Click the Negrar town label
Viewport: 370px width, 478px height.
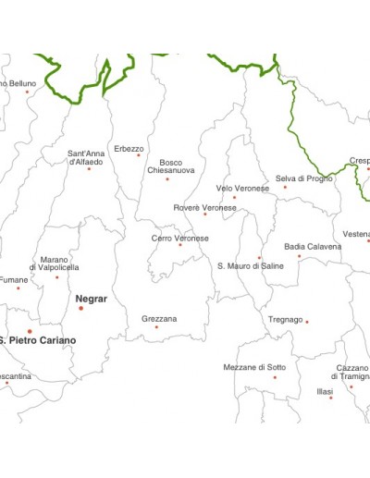point(91,299)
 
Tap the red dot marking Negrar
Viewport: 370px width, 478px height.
point(80,308)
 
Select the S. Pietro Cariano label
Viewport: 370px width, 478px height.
point(39,340)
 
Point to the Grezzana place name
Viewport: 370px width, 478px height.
point(159,318)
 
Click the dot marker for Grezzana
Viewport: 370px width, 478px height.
point(156,326)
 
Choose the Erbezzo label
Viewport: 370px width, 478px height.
point(129,148)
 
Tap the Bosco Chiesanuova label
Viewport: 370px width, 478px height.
point(166,166)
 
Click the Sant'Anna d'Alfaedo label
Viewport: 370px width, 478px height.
point(86,157)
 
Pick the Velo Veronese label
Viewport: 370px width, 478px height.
point(242,188)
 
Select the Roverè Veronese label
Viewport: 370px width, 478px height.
point(204,207)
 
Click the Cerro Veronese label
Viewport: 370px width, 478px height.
point(180,238)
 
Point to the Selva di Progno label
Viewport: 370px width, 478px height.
point(303,178)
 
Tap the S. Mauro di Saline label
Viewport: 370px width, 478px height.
point(251,265)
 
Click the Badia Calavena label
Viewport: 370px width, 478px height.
point(313,246)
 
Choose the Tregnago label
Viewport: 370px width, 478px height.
point(286,319)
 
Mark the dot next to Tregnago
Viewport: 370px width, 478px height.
point(307,322)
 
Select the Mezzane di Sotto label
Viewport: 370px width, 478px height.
point(254,367)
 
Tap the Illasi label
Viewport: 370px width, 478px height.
point(324,392)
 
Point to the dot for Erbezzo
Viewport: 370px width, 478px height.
point(139,154)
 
